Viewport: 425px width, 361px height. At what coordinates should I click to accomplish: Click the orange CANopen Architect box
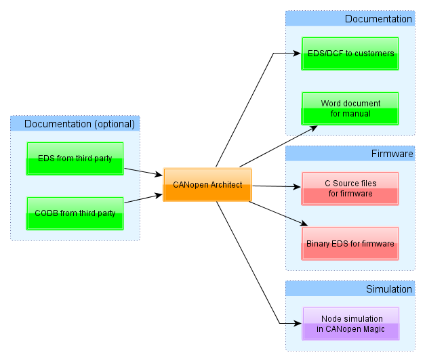click(207, 185)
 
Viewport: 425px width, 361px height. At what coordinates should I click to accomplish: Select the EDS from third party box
click(75, 158)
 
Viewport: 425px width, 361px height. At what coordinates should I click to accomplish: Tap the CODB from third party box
click(75, 213)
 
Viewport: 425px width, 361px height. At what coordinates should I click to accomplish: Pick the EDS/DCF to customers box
click(350, 54)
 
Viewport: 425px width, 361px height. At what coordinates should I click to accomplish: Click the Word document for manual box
click(350, 108)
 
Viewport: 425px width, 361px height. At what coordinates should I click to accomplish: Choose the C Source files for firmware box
click(350, 188)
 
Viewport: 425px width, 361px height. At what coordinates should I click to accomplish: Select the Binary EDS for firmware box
click(350, 243)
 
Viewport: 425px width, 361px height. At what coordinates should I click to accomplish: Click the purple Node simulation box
click(350, 324)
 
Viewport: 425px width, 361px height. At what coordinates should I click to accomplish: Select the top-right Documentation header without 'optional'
click(378, 19)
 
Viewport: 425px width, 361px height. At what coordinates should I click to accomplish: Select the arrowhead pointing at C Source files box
click(297, 186)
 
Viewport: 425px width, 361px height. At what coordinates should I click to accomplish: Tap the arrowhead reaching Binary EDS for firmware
click(304, 224)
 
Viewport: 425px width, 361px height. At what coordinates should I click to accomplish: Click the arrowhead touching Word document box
click(312, 127)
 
